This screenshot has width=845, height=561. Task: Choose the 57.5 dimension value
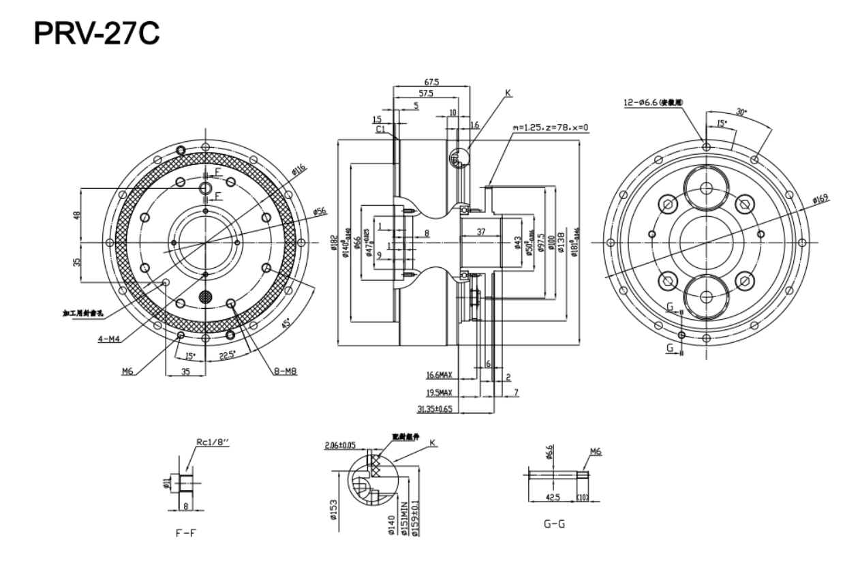427,93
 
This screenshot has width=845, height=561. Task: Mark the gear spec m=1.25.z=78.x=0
550,127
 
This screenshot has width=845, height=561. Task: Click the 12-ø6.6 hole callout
653,102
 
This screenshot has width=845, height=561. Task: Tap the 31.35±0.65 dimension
435,409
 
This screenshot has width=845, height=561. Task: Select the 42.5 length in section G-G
553,498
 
